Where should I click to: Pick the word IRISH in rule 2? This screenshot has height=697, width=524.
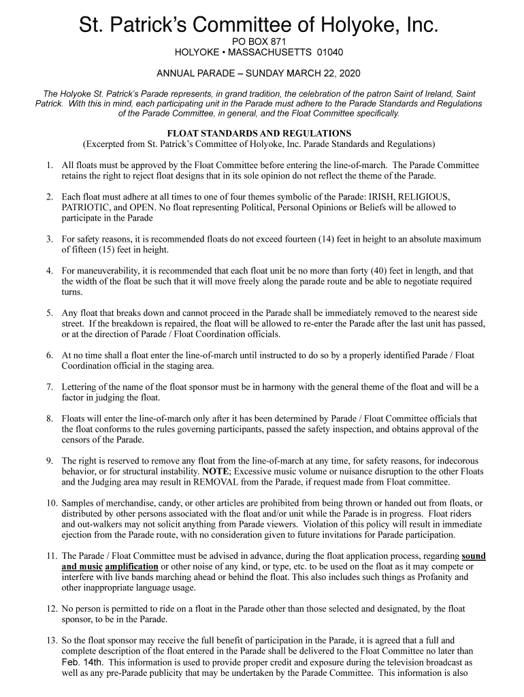click(x=365, y=197)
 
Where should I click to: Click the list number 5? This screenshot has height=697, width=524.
click(x=50, y=312)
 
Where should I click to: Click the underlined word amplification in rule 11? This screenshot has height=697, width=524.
click(x=132, y=566)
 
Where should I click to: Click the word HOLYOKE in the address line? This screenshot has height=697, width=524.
click(x=198, y=52)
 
